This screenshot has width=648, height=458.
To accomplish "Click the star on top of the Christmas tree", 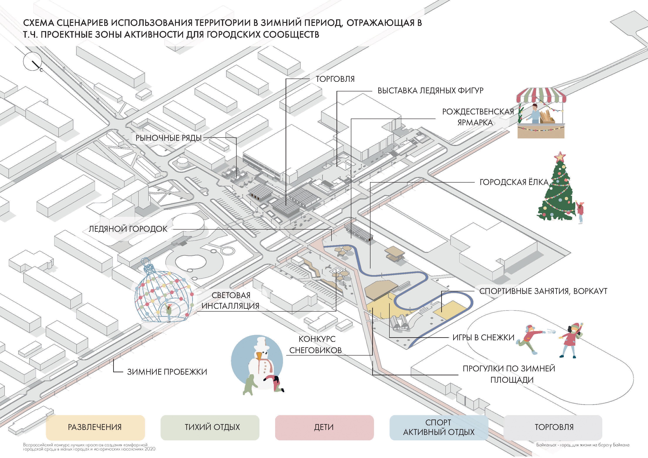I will (560, 157).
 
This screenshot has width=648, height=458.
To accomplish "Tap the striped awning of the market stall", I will (541, 95).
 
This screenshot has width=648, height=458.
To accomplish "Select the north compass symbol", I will (33, 62).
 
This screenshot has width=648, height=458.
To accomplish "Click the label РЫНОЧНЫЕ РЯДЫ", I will (168, 138).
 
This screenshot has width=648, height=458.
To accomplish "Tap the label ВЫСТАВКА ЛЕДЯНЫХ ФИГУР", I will (430, 91).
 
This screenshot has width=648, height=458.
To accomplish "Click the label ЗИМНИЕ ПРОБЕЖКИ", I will (167, 372).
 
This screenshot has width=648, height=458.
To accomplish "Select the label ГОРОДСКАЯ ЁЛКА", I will (514, 182).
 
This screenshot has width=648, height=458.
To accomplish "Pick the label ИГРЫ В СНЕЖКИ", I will (483, 337).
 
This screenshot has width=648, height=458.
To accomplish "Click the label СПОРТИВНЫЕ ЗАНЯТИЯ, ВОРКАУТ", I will (543, 291).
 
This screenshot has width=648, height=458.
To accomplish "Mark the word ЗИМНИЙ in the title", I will (278, 23).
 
